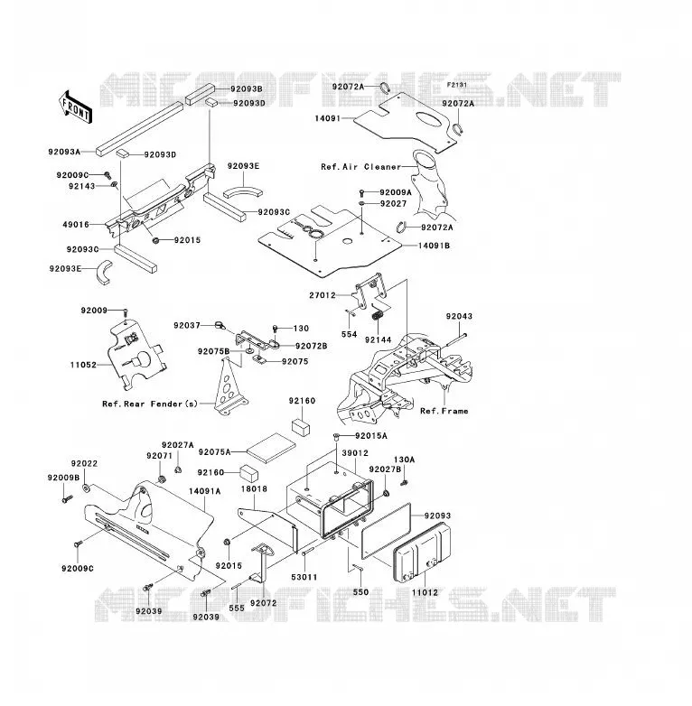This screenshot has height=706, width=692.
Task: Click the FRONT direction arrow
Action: pos(75,107)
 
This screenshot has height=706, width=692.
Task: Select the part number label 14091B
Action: pos(434,246)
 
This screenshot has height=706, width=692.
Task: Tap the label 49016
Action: pos(76,224)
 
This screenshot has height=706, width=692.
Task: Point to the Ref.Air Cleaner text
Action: pos(360,167)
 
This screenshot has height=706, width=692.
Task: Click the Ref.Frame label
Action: pos(444,411)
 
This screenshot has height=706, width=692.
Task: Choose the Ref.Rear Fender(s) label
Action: pos(150,404)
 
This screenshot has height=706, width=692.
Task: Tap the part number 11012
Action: pos(425,592)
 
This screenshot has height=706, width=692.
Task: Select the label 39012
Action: pos(355,453)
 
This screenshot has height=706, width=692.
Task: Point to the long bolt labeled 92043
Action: pos(456,340)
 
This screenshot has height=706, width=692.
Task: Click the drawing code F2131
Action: pos(457,85)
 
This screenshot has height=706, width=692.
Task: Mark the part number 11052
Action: pos(83,365)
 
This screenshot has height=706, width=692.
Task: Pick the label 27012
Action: pos(323,295)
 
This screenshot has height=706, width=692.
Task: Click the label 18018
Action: pos(254,489)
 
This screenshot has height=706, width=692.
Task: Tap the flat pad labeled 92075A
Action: pos(271,448)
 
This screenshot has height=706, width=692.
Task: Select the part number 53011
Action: pos(304,577)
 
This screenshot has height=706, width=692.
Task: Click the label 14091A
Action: pos(204,491)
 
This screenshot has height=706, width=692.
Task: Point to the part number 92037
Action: pos(187,325)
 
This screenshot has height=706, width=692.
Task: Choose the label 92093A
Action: pos(64,152)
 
